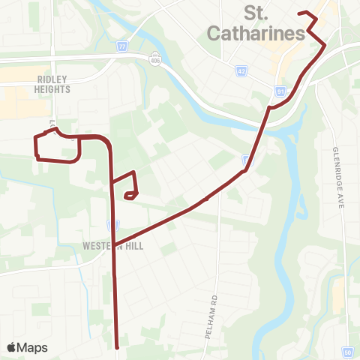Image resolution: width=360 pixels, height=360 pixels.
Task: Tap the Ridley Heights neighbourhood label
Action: (x=52, y=83)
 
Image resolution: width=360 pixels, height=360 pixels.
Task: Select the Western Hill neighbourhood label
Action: (x=113, y=244)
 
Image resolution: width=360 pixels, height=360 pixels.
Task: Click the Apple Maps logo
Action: (x=27, y=347)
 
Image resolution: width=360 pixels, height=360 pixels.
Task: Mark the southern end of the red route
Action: (x=118, y=347)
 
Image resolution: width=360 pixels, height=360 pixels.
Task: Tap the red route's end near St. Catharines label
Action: (x=299, y=13)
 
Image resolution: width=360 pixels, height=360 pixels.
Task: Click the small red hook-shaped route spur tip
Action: (x=126, y=196)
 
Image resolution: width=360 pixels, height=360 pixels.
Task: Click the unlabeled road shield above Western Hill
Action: (x=113, y=224)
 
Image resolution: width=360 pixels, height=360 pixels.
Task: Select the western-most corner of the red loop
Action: (x=34, y=137)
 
